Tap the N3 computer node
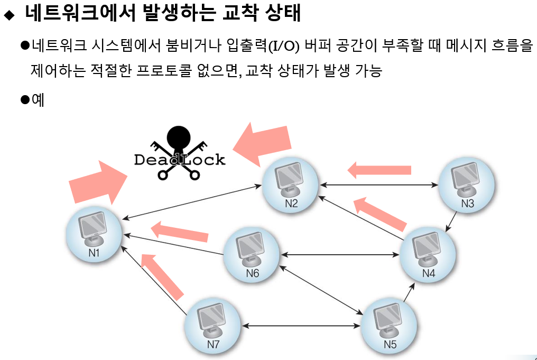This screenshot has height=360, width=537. (x=467, y=183)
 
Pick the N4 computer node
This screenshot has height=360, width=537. (x=428, y=253)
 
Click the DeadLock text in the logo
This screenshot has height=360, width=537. (x=180, y=159)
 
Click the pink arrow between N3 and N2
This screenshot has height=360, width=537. (x=379, y=170)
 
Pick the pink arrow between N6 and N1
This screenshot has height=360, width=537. (x=180, y=233)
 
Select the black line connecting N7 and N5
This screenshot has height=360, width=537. (x=301, y=326)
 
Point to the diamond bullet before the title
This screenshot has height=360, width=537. (x=8, y=16)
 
